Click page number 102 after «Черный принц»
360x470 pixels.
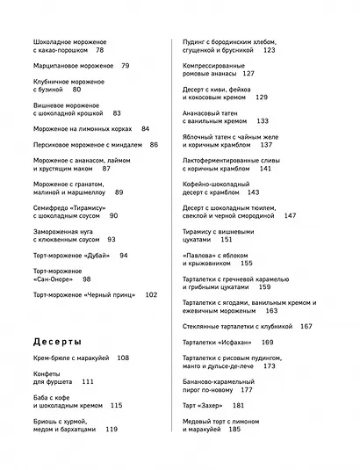click(x=151, y=295)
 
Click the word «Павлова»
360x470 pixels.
click(x=199, y=254)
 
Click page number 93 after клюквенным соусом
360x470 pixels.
click(x=112, y=239)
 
